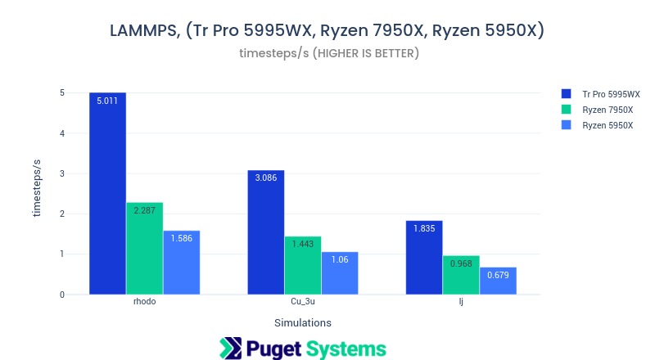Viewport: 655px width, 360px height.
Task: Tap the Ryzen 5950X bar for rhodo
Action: (x=181, y=263)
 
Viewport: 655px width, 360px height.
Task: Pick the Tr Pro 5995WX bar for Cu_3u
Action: (x=266, y=232)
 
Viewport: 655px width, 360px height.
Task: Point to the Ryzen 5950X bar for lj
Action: (x=498, y=281)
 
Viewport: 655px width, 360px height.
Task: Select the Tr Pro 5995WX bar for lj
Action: (x=424, y=258)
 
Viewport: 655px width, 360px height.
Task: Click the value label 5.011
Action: (x=107, y=101)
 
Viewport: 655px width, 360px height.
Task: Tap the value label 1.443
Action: (x=303, y=245)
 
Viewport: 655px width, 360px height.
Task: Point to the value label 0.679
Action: (x=498, y=276)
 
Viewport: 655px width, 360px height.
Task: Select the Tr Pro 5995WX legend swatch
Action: (x=566, y=94)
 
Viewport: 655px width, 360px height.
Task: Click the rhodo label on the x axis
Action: (x=144, y=302)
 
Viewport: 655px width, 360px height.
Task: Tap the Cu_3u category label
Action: (x=303, y=302)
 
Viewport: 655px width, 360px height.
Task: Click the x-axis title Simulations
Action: (x=303, y=322)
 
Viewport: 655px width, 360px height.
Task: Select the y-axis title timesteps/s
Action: (x=37, y=188)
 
